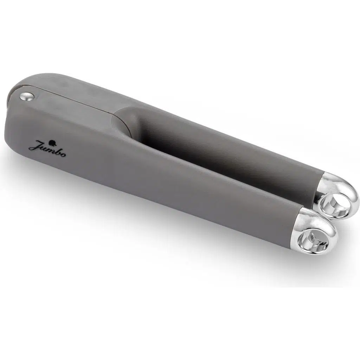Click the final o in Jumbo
[63, 155]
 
